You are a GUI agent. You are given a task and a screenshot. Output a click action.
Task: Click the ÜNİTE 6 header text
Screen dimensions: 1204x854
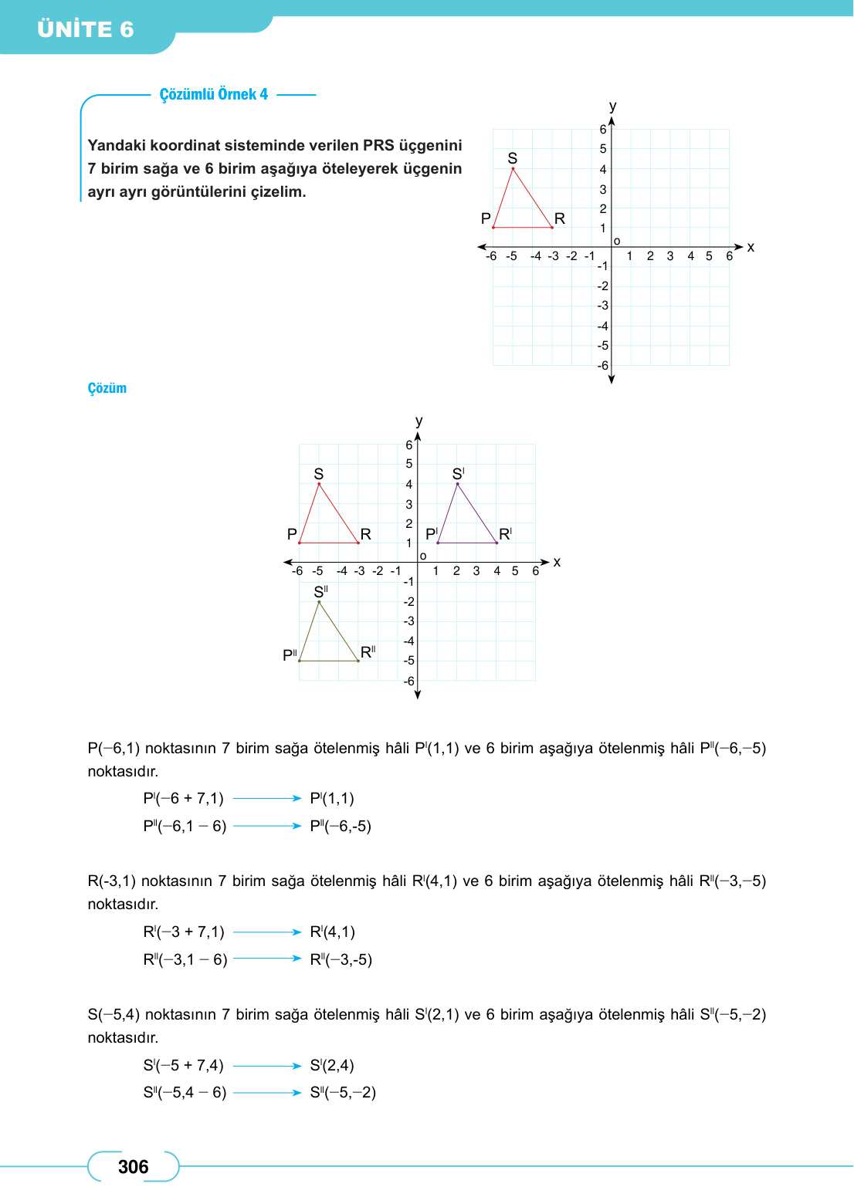coord(86,29)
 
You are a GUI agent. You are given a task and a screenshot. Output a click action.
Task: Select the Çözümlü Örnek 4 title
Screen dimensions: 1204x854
coord(214,94)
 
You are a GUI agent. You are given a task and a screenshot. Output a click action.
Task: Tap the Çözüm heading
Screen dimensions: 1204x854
coord(107,388)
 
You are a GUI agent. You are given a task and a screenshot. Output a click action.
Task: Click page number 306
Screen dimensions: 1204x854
coord(133,1167)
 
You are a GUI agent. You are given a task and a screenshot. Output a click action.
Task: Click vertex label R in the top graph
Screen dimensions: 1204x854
coord(560,218)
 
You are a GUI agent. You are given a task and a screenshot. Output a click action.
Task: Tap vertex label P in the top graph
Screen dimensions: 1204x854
coord(486,218)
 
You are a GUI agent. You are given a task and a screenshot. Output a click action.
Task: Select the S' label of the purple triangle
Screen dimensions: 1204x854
coord(458,474)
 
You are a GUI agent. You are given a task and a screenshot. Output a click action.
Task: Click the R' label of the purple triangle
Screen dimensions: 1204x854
coord(505,534)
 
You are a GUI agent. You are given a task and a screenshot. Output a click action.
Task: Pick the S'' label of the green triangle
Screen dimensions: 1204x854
coord(320,592)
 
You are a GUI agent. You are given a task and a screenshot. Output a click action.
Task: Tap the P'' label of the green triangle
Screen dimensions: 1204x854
coord(290,655)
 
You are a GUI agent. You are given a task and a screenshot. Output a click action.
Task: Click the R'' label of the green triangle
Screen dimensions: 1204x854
coord(368,652)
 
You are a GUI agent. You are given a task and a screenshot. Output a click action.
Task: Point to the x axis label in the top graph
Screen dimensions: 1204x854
coord(751,248)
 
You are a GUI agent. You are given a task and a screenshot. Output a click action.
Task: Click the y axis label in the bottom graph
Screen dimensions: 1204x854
coord(419,421)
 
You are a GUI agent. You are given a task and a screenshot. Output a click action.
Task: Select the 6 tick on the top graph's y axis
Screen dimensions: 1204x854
coord(603,130)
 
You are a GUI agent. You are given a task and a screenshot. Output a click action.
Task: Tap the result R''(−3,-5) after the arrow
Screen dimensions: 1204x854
coord(341,959)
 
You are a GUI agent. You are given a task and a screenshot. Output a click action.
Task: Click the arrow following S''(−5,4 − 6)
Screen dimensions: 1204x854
coord(267,1092)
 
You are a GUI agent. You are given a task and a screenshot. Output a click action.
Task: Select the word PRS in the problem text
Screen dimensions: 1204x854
coord(378,145)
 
